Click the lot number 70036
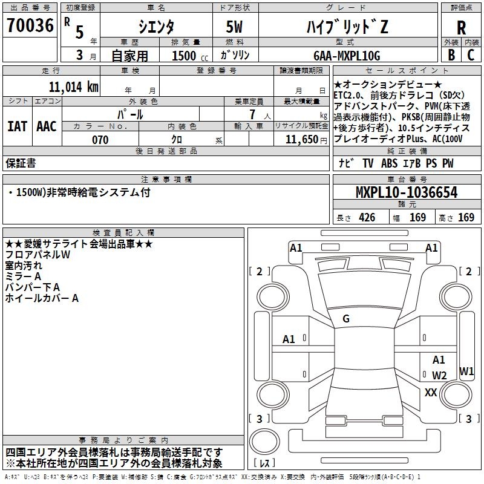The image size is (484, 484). click(30, 25)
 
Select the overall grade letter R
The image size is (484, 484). click(461, 28)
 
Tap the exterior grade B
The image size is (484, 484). click(451, 55)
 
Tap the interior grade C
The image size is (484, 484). click(471, 55)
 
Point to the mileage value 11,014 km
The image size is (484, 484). click(74, 87)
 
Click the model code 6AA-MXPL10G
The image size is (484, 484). click(347, 56)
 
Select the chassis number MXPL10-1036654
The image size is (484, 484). click(407, 192)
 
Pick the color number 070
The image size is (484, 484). click(100, 140)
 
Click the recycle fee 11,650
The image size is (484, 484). click(301, 140)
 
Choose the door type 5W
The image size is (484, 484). click(234, 27)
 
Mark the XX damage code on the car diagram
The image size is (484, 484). click(431, 392)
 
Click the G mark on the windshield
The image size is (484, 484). click(346, 319)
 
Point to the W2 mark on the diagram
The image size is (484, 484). click(439, 375)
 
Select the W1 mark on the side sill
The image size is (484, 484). click(466, 371)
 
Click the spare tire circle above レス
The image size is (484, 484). click(264, 442)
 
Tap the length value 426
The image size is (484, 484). click(367, 218)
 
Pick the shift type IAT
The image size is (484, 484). click(17, 126)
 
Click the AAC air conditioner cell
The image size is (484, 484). click(47, 126)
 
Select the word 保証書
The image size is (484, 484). click(21, 163)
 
